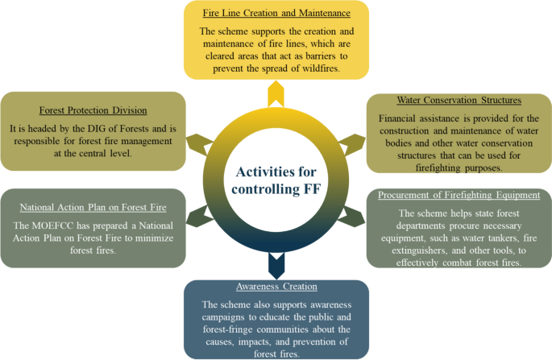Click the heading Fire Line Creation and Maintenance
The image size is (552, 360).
(x=276, y=14)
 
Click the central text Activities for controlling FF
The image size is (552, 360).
(x=276, y=182)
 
